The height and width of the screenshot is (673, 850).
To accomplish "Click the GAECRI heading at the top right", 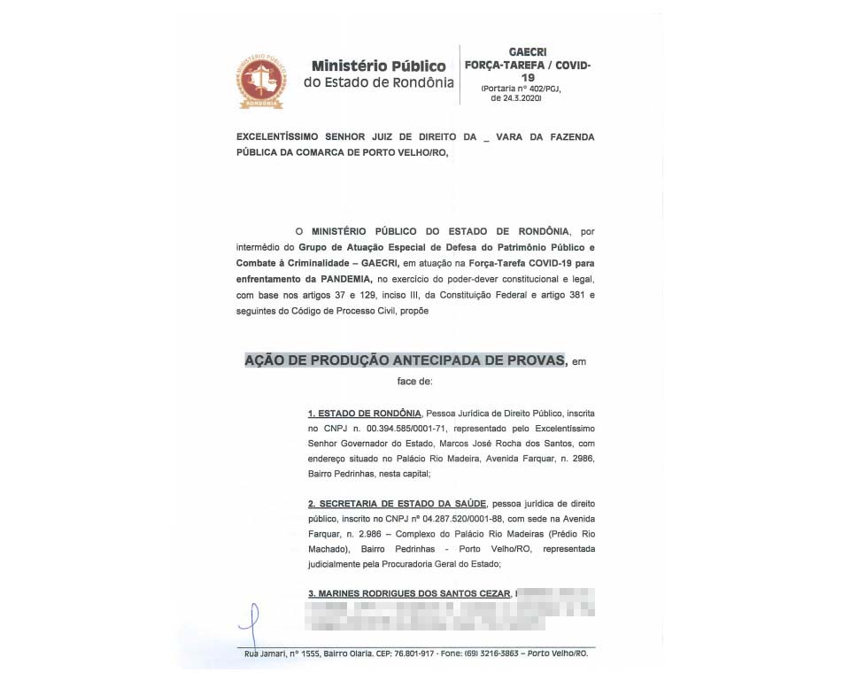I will point(528,53).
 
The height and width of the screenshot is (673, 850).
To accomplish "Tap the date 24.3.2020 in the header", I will point(516,98).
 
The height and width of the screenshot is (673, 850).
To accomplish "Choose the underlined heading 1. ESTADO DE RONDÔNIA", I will point(364,414).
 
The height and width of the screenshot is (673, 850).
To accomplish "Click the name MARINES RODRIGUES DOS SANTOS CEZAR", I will point(409,592).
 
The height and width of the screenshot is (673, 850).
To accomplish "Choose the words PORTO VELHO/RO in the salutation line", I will point(406,151).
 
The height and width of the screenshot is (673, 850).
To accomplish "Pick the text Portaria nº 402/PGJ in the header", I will point(521,89).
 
